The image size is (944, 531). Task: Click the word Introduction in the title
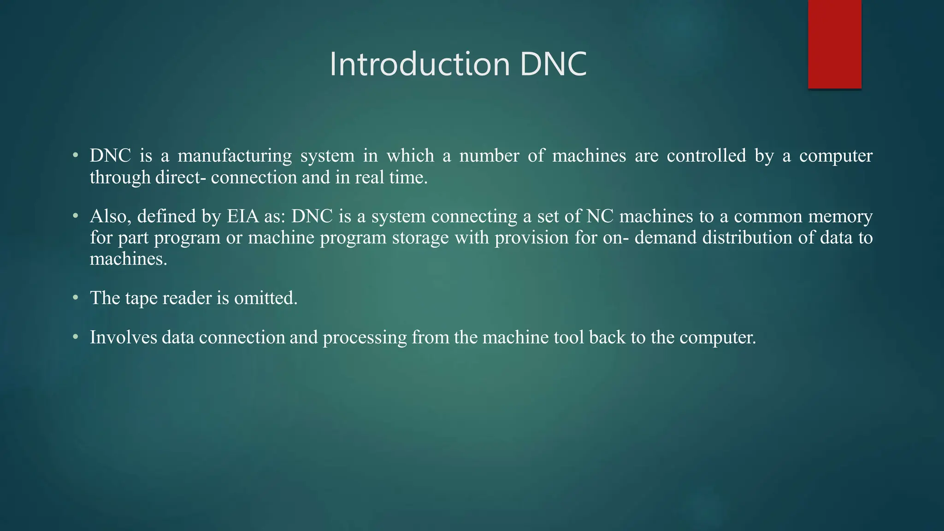[419, 64]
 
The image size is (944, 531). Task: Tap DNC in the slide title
[553, 64]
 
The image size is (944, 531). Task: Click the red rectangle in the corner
[834, 44]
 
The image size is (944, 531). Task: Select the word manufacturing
[235, 156]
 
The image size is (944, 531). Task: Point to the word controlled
[706, 156]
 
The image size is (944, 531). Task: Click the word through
[120, 177]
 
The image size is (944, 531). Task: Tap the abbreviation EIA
[242, 216]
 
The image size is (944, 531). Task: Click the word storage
[420, 238]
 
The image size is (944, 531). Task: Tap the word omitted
[265, 298]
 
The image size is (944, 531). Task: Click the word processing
[365, 338]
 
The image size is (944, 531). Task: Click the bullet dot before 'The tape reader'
[76, 298]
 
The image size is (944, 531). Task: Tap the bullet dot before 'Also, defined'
[76, 216]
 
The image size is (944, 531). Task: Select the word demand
[665, 238]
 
